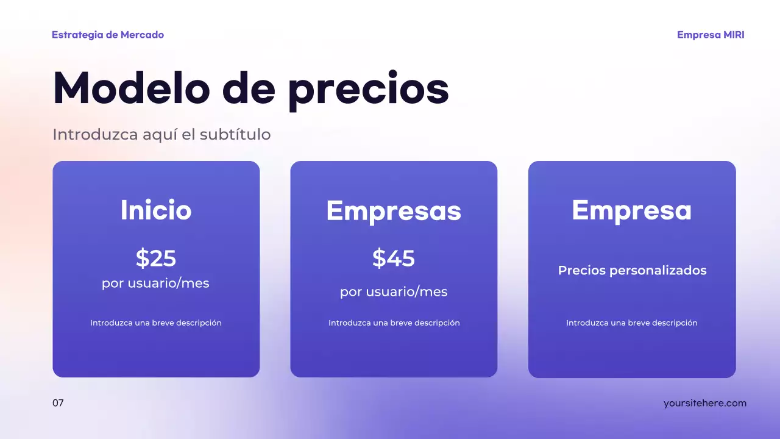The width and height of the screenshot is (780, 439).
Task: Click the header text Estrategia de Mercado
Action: click(108, 35)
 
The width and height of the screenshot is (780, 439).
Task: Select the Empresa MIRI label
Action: click(711, 35)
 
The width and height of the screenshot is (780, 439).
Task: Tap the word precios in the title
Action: click(368, 90)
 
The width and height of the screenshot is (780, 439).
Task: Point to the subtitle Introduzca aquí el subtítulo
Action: click(161, 134)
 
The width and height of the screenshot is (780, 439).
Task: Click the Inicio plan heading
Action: click(156, 210)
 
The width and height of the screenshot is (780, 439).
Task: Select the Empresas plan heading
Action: click(394, 211)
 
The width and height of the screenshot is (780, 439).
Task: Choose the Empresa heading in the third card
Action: click(631, 210)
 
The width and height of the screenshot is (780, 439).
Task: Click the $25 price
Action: click(156, 259)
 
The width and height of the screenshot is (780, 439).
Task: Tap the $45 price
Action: click(394, 259)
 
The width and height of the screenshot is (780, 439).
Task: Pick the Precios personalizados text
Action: click(632, 270)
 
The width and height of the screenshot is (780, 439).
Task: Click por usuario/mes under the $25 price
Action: click(155, 284)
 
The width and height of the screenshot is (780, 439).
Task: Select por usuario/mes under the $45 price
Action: click(394, 292)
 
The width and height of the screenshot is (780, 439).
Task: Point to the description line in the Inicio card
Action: click(156, 323)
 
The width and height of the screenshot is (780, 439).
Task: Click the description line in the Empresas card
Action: click(394, 323)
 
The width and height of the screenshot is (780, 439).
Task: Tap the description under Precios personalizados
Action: click(631, 323)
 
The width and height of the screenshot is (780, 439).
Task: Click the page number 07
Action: click(58, 403)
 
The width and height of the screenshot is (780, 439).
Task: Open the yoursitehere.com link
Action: click(704, 403)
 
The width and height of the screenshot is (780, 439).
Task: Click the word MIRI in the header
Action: click(734, 35)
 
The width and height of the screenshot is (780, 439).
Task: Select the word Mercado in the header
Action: click(142, 35)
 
